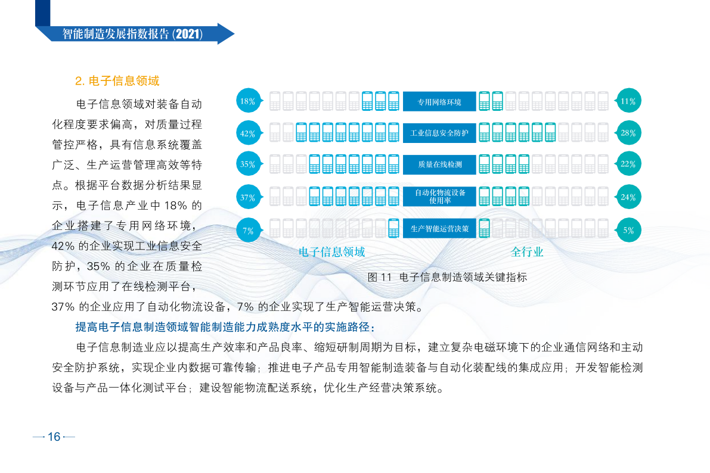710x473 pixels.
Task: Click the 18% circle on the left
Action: (248, 101)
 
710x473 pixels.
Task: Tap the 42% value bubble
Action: (248, 133)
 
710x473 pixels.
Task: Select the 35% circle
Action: (248, 164)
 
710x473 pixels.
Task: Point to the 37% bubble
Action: (248, 197)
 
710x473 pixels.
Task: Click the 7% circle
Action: (248, 230)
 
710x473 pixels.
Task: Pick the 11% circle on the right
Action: (628, 101)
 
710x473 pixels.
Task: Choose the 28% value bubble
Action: (628, 133)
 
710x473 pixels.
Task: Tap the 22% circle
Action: (628, 164)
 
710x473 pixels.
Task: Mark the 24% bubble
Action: (628, 197)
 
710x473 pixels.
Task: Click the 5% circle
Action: (628, 230)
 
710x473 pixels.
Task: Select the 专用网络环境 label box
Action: (439, 101)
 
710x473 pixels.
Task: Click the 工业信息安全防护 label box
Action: (439, 133)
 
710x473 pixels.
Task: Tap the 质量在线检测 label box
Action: (439, 164)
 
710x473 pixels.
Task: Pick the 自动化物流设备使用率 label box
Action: (439, 197)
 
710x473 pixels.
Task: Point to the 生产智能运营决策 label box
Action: (439, 229)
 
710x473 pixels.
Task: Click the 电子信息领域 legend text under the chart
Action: (332, 252)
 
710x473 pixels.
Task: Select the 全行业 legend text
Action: (527, 252)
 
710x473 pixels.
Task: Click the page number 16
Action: (54, 436)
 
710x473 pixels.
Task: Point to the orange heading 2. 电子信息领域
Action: (117, 80)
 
